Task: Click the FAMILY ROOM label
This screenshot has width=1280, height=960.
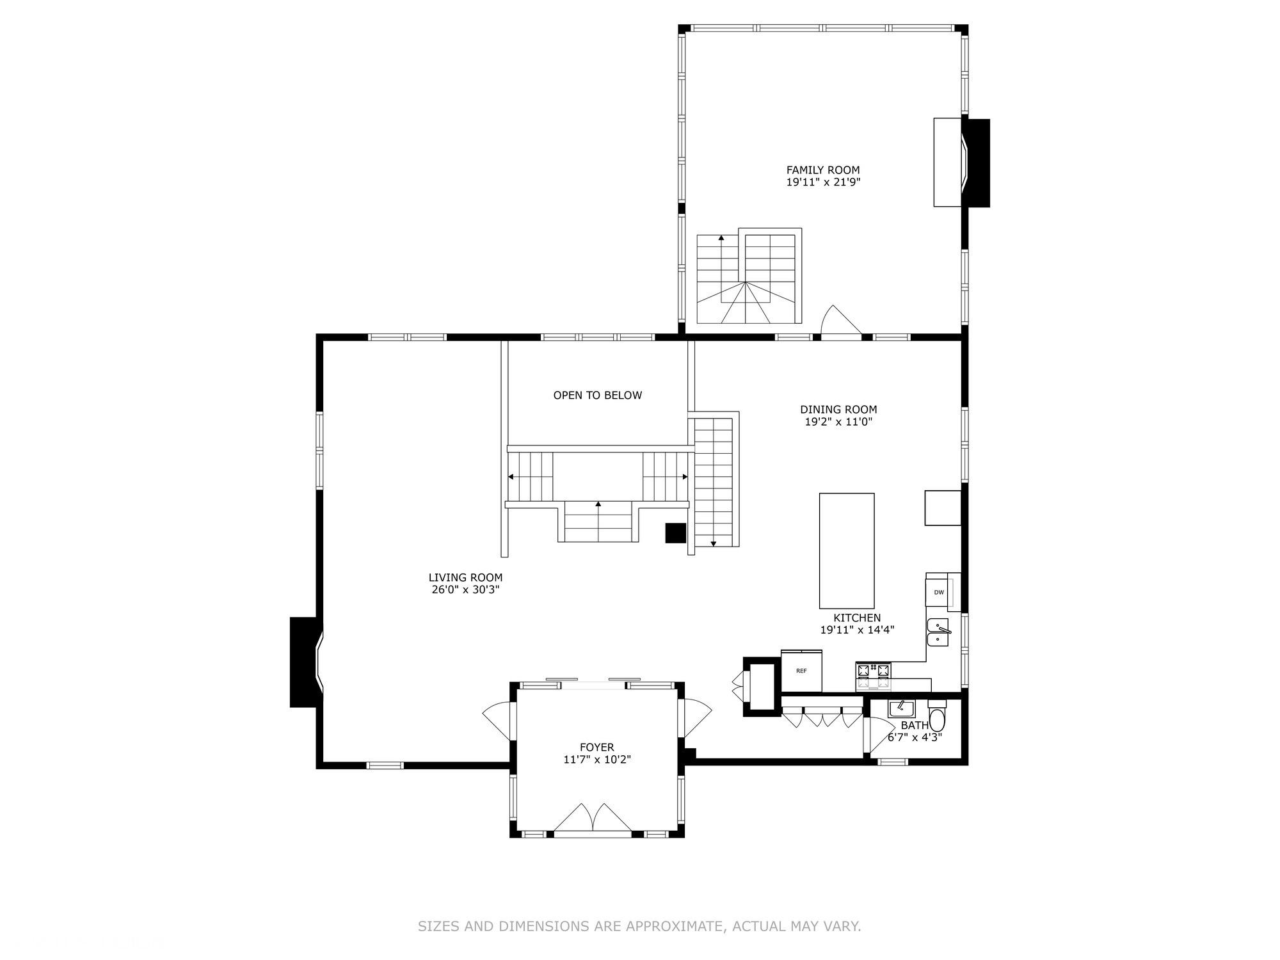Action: pyautogui.click(x=823, y=170)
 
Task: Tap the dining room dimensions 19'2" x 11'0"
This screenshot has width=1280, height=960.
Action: pyautogui.click(x=838, y=422)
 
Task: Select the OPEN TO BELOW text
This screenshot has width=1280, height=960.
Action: pyautogui.click(x=597, y=396)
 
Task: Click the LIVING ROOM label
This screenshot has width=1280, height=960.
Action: pyautogui.click(x=465, y=578)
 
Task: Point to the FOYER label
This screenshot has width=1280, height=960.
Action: pyautogui.click(x=596, y=748)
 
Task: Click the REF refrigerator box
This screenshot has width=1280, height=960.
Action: pyautogui.click(x=801, y=671)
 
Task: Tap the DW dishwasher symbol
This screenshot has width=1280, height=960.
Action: pyautogui.click(x=938, y=592)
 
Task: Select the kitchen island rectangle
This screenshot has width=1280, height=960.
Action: pyautogui.click(x=847, y=550)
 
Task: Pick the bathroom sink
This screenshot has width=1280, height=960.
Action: pyautogui.click(x=901, y=708)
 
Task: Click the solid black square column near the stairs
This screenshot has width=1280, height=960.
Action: pyautogui.click(x=675, y=532)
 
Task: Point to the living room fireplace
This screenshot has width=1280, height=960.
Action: pyautogui.click(x=306, y=662)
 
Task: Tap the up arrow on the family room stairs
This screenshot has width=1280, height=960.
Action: pyautogui.click(x=721, y=238)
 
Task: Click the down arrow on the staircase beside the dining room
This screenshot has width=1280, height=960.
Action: pyautogui.click(x=714, y=543)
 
